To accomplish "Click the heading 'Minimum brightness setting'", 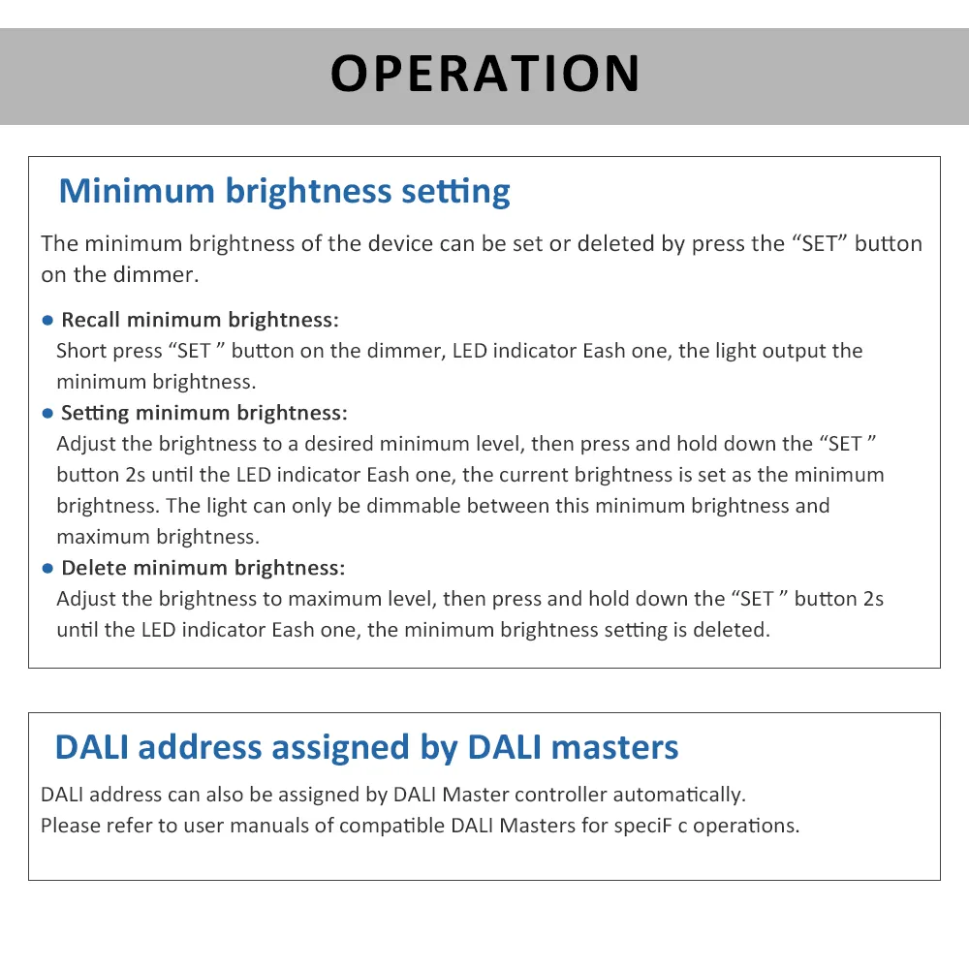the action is [x=284, y=191].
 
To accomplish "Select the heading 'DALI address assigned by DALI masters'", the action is [x=366, y=747].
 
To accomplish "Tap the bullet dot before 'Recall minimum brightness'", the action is [x=47, y=321].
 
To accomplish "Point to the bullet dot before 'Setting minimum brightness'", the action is [x=47, y=414].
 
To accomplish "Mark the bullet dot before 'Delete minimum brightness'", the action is [x=47, y=569].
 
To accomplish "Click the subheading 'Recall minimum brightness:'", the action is [x=200, y=320].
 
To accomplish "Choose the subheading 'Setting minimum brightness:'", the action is [x=203, y=413].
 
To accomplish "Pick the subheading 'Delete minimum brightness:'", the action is [x=203, y=568].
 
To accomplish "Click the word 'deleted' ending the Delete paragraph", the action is [x=735, y=630].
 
